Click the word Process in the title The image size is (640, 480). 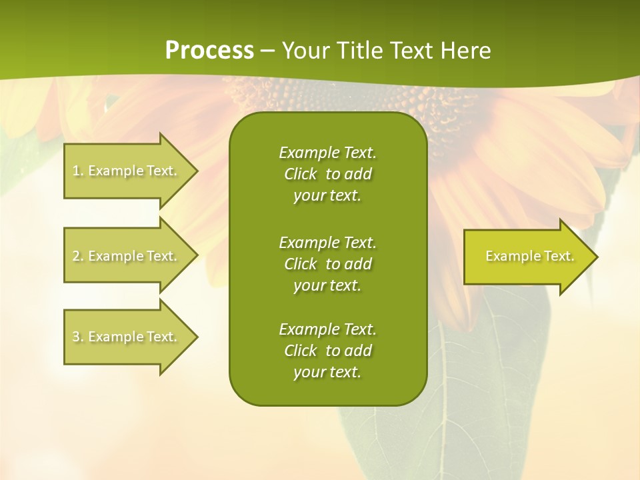[x=209, y=51]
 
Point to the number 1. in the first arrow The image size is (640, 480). [x=78, y=171]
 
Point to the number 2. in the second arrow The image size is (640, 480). [x=78, y=256]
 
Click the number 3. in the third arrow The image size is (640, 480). [x=78, y=337]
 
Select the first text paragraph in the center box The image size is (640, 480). [x=327, y=174]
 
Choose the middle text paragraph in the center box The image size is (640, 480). [x=327, y=264]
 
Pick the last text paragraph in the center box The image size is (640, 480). [x=327, y=351]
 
